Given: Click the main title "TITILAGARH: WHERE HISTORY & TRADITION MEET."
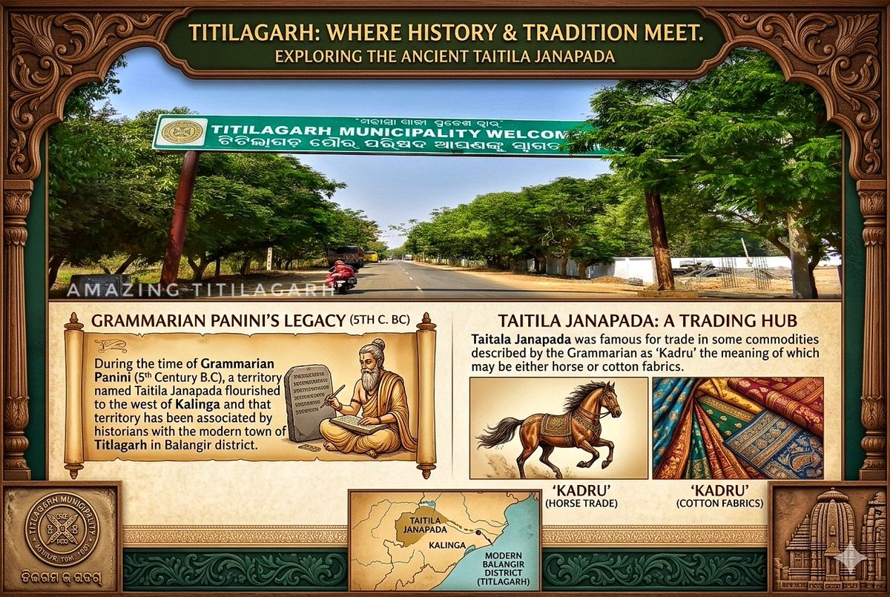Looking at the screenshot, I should tap(445, 33).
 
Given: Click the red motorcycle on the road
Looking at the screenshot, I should tap(340, 276).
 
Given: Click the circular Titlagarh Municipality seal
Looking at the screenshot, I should tap(62, 527).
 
